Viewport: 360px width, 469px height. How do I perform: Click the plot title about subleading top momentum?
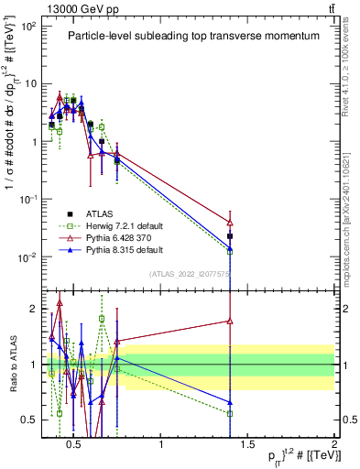click(192, 36)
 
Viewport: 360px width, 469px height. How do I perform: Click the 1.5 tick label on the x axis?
click(247, 445)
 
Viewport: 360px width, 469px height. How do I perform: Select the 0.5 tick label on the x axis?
click(74, 445)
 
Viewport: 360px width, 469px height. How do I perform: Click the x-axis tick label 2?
click(333, 445)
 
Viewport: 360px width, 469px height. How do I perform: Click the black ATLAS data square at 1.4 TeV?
click(230, 236)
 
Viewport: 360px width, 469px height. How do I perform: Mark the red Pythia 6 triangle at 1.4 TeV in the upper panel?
click(230, 223)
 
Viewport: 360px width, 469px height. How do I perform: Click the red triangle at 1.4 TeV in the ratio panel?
click(230, 321)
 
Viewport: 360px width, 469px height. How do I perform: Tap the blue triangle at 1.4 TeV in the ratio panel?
click(230, 402)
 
